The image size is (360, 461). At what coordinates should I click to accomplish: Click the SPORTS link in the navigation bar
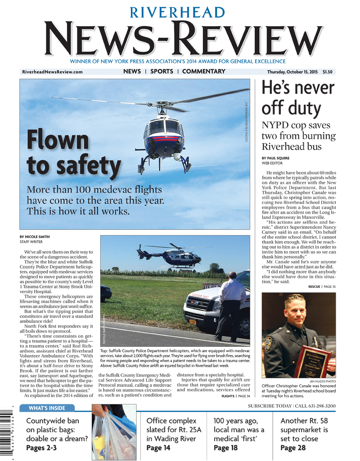click(162, 72)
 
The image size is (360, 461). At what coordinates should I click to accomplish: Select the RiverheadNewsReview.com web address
click(52, 72)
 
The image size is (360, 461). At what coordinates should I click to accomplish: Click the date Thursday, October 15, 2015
click(291, 72)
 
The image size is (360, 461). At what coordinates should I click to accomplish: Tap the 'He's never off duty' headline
click(298, 99)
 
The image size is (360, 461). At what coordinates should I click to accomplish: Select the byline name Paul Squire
click(279, 158)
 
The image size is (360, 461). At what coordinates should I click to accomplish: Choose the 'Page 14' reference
click(158, 448)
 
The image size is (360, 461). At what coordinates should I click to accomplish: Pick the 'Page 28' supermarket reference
click(292, 448)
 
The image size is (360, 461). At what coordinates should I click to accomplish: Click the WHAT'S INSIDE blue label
click(47, 408)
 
